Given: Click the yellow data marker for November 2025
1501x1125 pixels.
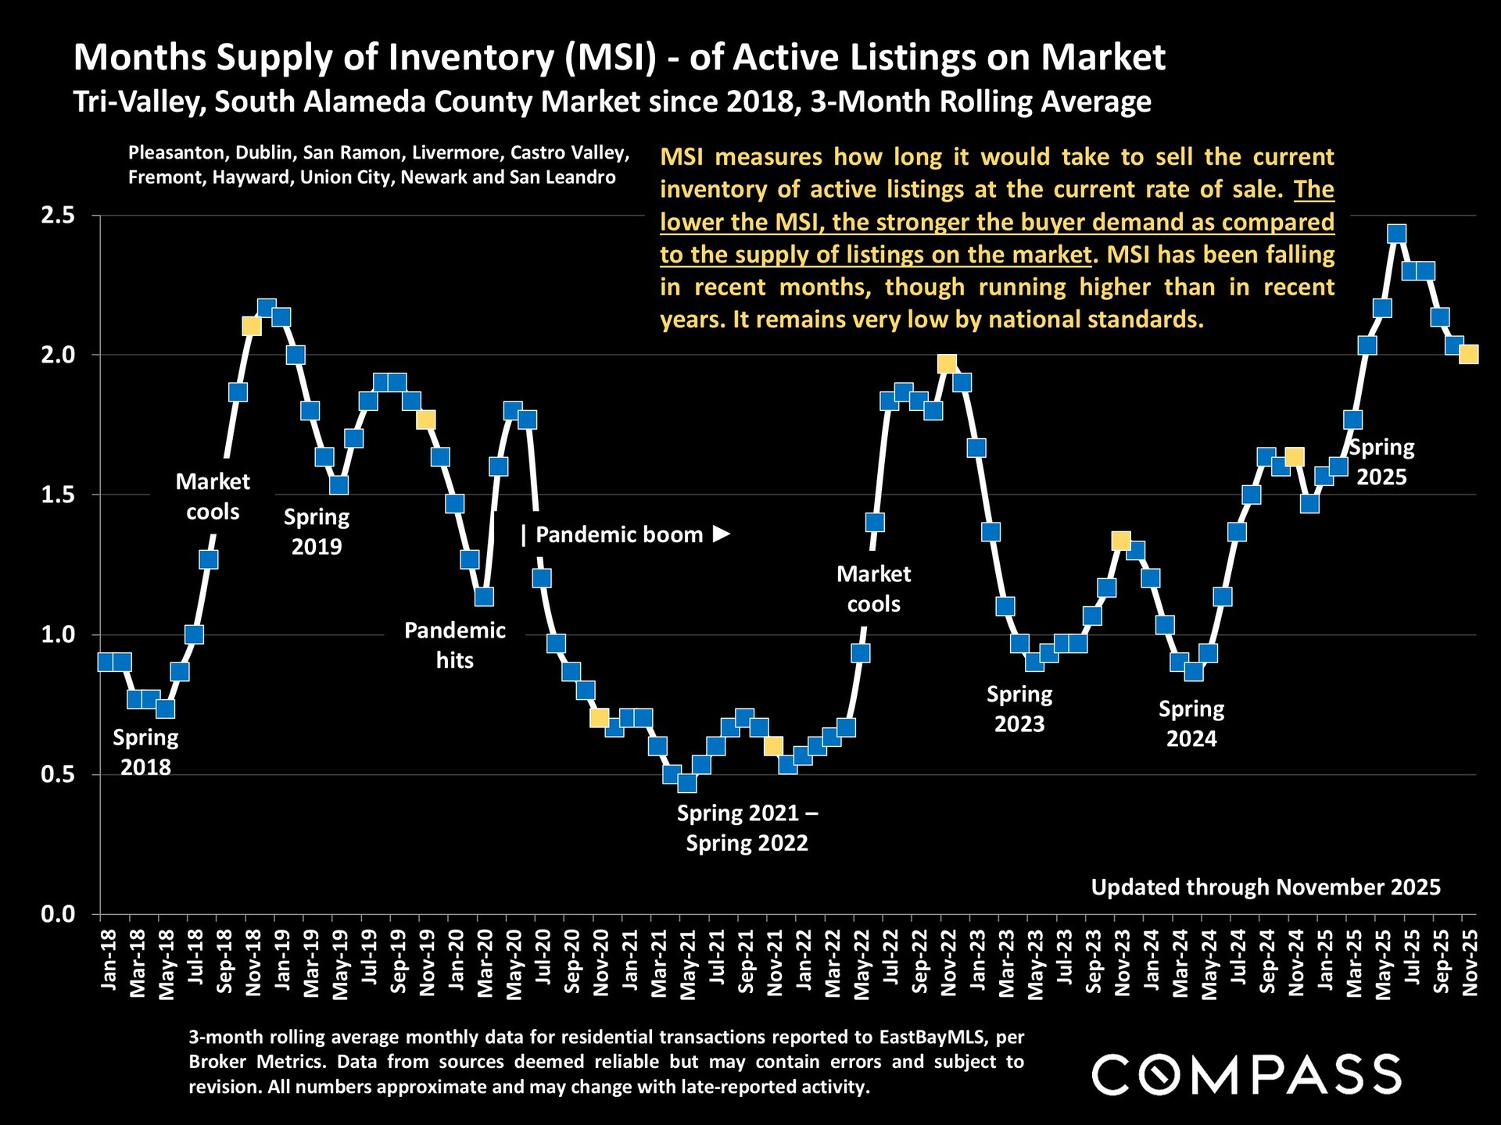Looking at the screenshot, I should (x=1468, y=355).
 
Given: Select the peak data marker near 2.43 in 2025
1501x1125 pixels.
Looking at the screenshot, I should (x=1397, y=234).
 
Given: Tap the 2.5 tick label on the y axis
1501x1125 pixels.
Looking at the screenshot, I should (x=57, y=216).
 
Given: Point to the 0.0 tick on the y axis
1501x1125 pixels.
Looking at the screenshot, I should (x=57, y=914).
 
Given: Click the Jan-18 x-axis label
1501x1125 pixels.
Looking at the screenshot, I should (x=109, y=961).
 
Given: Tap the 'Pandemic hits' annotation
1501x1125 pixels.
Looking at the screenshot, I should (x=454, y=645).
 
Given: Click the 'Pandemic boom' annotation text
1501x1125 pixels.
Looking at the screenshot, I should (x=618, y=535).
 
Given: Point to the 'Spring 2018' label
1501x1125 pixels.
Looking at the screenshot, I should (x=145, y=752).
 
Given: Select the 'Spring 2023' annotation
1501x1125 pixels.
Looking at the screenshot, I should (x=1019, y=709).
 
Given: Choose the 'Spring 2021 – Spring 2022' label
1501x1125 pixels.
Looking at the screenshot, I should (x=747, y=828).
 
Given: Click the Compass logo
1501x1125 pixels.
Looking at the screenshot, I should (x=1246, y=1074).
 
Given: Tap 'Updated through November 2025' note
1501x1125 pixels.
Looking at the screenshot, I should (x=1265, y=887).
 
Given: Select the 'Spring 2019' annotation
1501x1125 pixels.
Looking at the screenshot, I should (x=317, y=531).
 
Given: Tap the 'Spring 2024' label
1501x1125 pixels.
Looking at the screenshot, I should (x=1191, y=723).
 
